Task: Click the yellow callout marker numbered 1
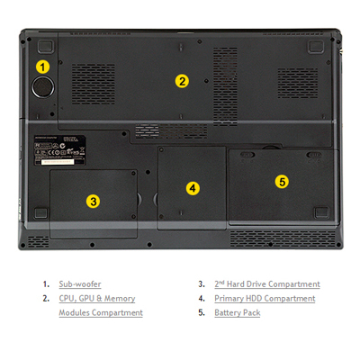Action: pos(43,67)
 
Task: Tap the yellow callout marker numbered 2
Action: pos(182,81)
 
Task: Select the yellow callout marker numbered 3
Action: pos(94,202)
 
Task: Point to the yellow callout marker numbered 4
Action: pos(193,188)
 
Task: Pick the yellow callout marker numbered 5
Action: pos(282,182)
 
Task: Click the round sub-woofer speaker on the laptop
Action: pos(43,87)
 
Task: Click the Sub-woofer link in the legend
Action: pos(80,284)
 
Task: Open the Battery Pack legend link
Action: pos(238,312)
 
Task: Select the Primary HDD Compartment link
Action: pos(265,299)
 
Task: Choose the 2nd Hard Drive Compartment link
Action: pos(267,284)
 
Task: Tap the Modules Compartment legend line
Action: pos(101,312)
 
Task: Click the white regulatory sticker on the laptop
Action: pos(59,150)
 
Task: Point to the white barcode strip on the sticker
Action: pos(58,161)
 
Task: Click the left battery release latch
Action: pos(247,155)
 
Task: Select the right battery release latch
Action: pos(313,155)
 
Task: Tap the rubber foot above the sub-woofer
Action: pos(46,47)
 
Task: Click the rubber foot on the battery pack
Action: pos(321,212)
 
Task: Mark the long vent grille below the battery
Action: pos(283,238)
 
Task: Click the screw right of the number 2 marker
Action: pos(206,81)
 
